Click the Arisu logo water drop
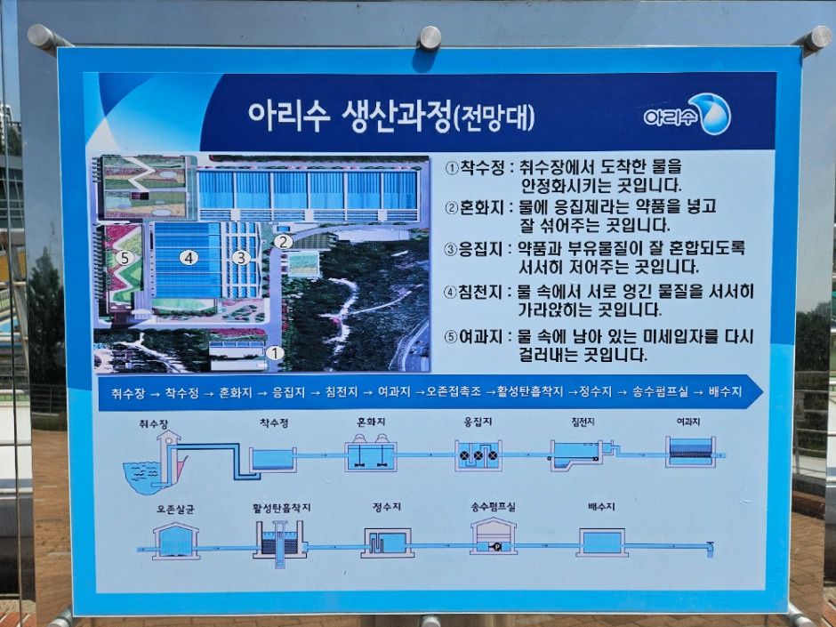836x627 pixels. tap(714, 114)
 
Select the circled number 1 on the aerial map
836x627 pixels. tap(275, 352)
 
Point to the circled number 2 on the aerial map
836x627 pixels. tap(282, 241)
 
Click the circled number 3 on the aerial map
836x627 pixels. tap(239, 257)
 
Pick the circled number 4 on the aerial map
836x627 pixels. tap(188, 258)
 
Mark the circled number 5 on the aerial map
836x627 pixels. tap(125, 258)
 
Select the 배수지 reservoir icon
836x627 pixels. tap(601, 541)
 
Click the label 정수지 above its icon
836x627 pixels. tap(387, 507)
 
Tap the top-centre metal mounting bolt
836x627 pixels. tap(430, 37)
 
